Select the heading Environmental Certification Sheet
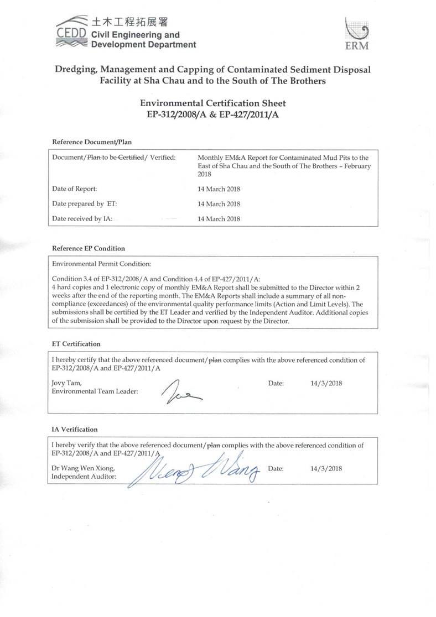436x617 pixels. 213,103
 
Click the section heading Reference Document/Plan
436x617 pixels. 92,142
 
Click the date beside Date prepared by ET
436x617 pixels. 219,204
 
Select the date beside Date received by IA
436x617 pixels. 219,218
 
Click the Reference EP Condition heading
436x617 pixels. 89,248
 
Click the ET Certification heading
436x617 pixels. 76,344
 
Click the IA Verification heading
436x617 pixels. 75,429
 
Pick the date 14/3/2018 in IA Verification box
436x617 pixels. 327,468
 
